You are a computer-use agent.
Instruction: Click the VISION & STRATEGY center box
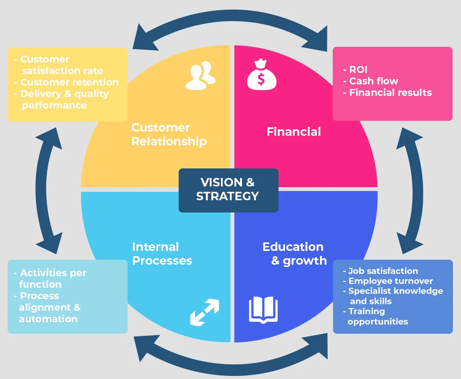coord(228,190)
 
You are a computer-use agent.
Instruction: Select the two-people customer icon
coord(201,75)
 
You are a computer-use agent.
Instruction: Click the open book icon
coord(263,310)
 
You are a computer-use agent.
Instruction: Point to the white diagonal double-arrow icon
coord(204,312)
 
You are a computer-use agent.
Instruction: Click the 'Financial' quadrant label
coord(294,132)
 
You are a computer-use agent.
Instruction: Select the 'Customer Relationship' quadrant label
coord(169,134)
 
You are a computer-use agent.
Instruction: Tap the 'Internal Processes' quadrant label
coord(162,254)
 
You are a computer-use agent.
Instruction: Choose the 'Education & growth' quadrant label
coord(294,254)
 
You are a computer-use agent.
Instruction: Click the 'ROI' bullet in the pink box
coord(358,69)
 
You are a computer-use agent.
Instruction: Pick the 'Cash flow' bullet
coord(373,81)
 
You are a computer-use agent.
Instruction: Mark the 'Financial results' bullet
coord(390,93)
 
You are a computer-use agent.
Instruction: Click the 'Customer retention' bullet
coord(69,82)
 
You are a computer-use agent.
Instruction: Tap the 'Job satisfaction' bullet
coord(383,271)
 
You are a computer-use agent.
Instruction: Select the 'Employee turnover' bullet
coord(390,281)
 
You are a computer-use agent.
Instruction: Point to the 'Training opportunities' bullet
coord(377,316)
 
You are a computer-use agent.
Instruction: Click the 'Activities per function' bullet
coord(50,278)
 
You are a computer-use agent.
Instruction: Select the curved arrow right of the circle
coord(413,190)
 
